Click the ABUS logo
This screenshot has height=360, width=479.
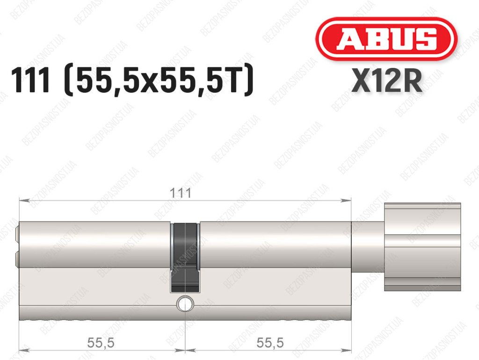click(x=386, y=39)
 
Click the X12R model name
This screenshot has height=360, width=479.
click(x=387, y=81)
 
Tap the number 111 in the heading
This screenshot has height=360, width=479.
click(x=30, y=81)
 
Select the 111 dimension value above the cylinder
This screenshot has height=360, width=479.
click(x=181, y=193)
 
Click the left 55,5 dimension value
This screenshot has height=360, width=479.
click(x=101, y=343)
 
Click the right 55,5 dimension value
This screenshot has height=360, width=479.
click(x=270, y=343)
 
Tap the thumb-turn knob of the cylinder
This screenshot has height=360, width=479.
click(x=422, y=247)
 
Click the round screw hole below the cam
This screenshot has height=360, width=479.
click(x=185, y=303)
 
